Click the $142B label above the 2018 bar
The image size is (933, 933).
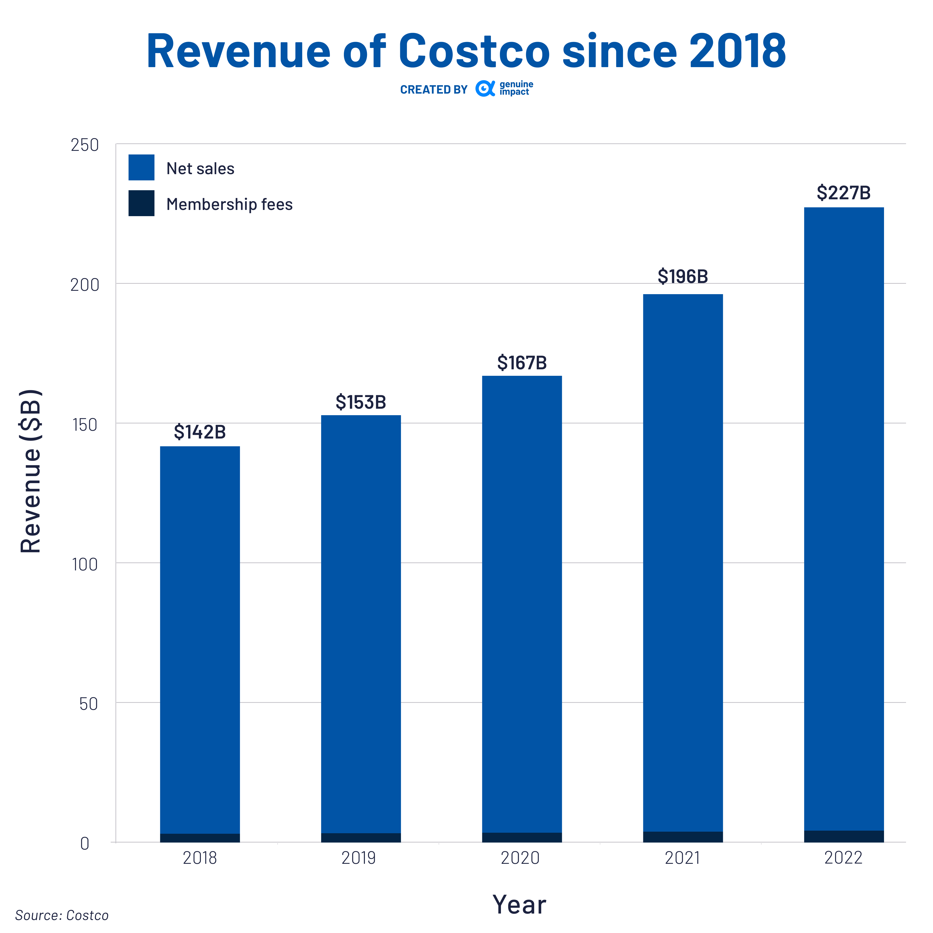pos(200,432)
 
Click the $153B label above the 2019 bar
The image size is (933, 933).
pos(361,402)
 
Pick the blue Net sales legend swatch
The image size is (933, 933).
pos(142,168)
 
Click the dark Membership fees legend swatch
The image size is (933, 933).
pos(142,203)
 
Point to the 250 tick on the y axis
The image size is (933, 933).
pos(84,145)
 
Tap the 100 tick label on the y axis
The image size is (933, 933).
pos(84,564)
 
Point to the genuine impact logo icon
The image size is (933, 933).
pos(485,88)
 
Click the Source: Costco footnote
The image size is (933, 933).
pos(62,915)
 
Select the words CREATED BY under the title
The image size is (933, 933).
pos(434,90)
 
